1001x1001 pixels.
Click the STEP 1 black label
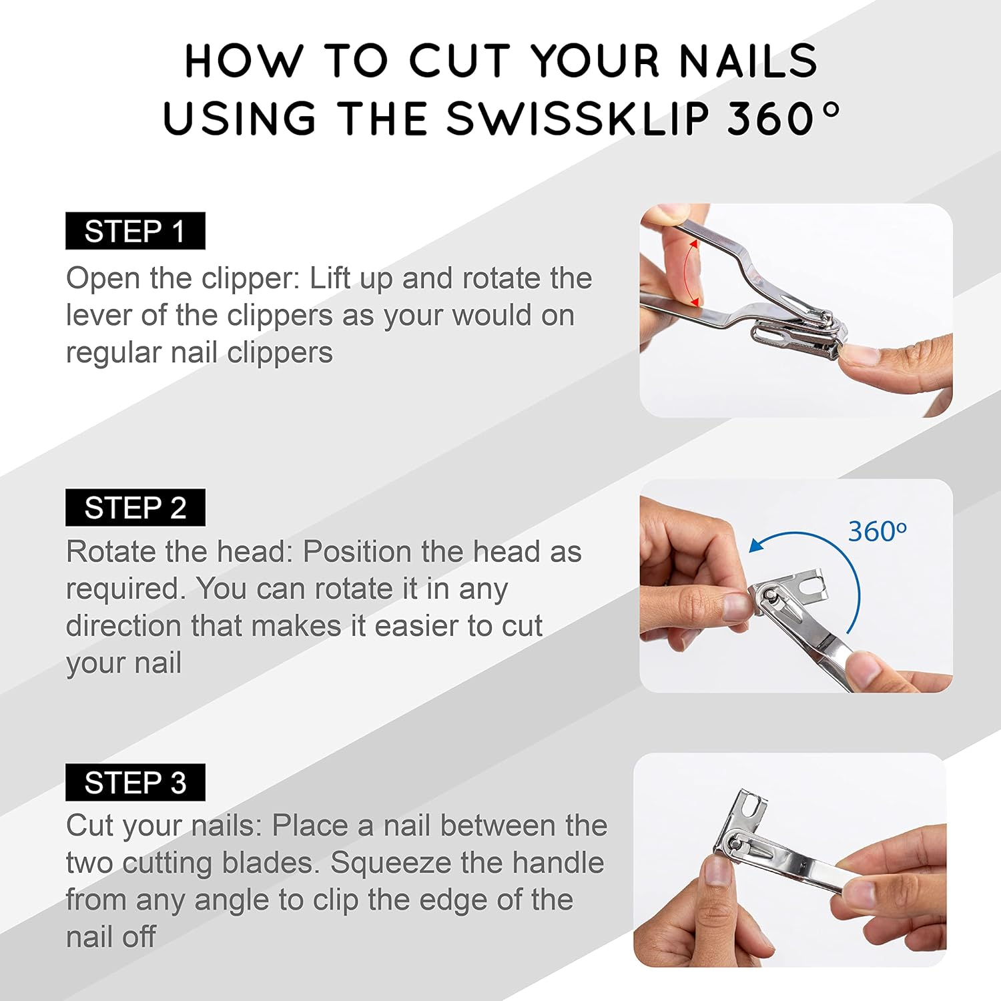pyautogui.click(x=135, y=231)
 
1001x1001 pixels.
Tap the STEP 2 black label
pyautogui.click(x=135, y=508)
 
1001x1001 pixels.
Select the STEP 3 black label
pyautogui.click(x=135, y=782)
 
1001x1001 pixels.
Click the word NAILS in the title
pyautogui.click(x=747, y=61)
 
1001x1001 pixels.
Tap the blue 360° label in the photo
pyautogui.click(x=877, y=532)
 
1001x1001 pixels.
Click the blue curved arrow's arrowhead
pyautogui.click(x=756, y=546)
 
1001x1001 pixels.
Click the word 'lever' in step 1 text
pyautogui.click(x=99, y=316)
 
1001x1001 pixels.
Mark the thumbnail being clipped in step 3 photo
pyautogui.click(x=717, y=871)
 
